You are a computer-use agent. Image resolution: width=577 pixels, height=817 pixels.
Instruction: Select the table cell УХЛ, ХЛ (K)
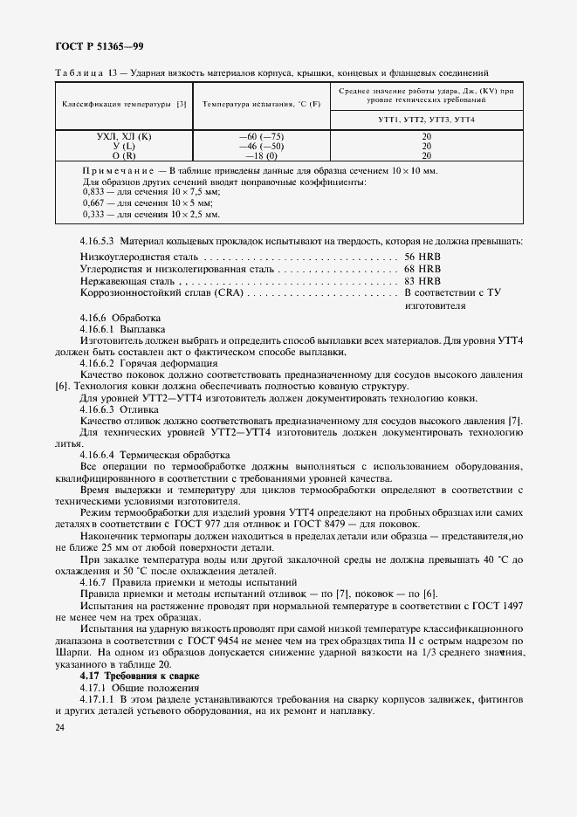(124, 137)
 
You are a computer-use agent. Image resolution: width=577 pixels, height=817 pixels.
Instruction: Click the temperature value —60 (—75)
(261, 137)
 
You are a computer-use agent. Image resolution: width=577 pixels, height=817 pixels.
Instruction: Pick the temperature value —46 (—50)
(261, 147)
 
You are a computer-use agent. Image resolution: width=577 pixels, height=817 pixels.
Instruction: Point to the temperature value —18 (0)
(261, 156)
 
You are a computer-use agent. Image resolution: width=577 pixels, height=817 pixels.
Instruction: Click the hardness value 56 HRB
(423, 258)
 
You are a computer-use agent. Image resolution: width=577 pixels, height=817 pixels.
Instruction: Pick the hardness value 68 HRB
(423, 271)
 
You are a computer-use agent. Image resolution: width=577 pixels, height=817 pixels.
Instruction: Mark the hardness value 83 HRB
(423, 283)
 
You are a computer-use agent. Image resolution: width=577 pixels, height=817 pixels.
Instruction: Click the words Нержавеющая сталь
(121, 283)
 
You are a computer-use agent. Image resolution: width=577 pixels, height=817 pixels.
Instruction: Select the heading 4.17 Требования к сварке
(140, 676)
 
